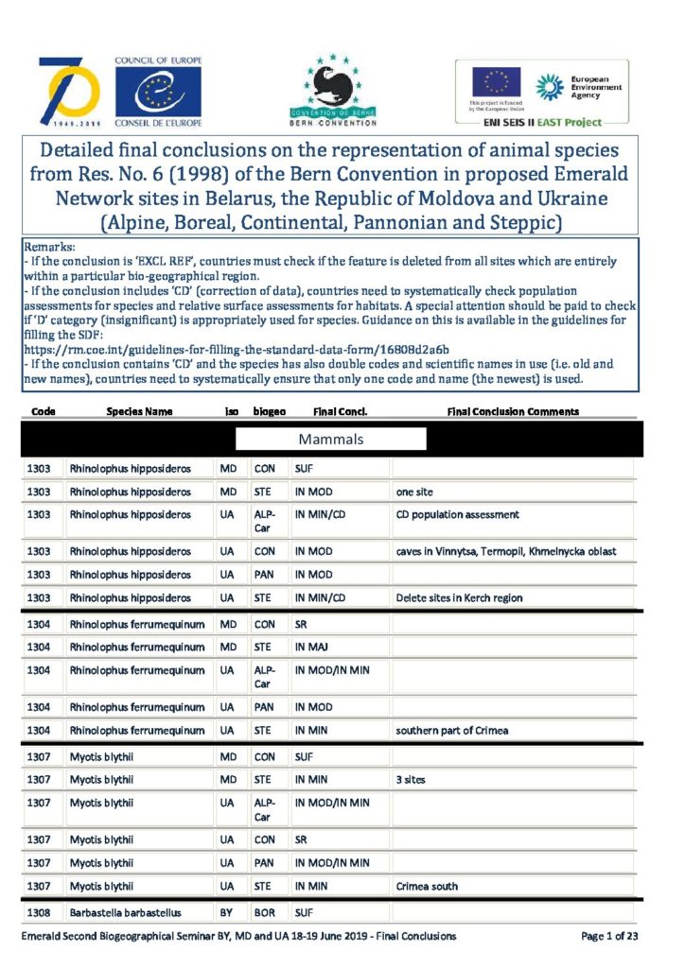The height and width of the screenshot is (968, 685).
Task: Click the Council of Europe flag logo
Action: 158,93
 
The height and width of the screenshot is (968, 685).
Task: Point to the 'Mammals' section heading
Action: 331,440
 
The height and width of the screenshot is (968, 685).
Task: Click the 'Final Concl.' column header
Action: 340,412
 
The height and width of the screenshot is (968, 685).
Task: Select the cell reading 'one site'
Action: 415,492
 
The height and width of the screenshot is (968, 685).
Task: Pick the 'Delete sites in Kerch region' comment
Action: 459,597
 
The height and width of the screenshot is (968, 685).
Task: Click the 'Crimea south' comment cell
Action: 427,886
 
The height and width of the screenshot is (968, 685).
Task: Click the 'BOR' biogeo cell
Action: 264,913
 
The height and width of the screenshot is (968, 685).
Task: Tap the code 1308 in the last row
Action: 39,913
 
